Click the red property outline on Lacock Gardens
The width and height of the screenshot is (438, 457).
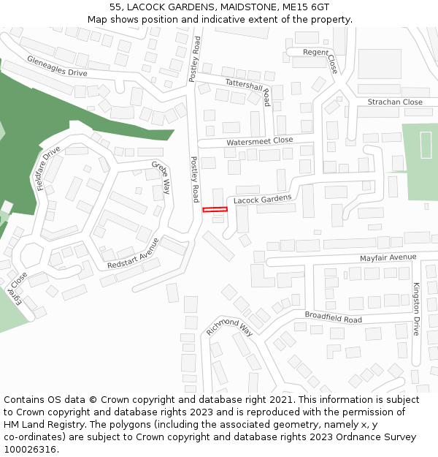215,210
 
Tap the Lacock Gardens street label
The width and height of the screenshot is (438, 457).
262,199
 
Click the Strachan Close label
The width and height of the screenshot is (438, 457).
395,102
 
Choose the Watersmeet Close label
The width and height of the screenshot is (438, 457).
259,140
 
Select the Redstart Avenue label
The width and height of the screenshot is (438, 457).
133,253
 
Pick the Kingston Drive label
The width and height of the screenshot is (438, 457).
417,309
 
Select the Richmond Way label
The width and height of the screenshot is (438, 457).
228,327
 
